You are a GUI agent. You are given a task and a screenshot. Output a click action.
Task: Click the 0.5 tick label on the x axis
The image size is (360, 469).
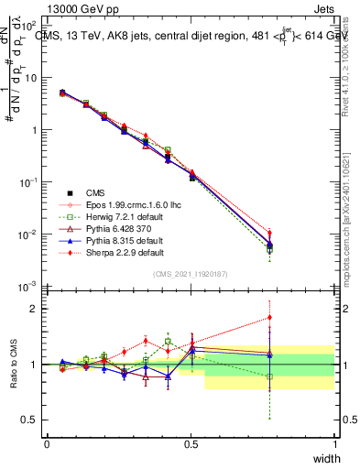(191, 444)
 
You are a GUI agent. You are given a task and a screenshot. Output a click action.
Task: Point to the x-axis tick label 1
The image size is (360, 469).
(334, 444)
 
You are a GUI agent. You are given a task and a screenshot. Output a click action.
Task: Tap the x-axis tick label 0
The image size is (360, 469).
(47, 444)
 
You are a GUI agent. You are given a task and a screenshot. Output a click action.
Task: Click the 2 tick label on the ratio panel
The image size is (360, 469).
(34, 308)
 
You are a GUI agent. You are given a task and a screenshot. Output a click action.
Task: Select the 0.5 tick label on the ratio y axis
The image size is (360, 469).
(30, 420)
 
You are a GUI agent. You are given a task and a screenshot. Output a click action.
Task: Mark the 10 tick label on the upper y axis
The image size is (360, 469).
(30, 78)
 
